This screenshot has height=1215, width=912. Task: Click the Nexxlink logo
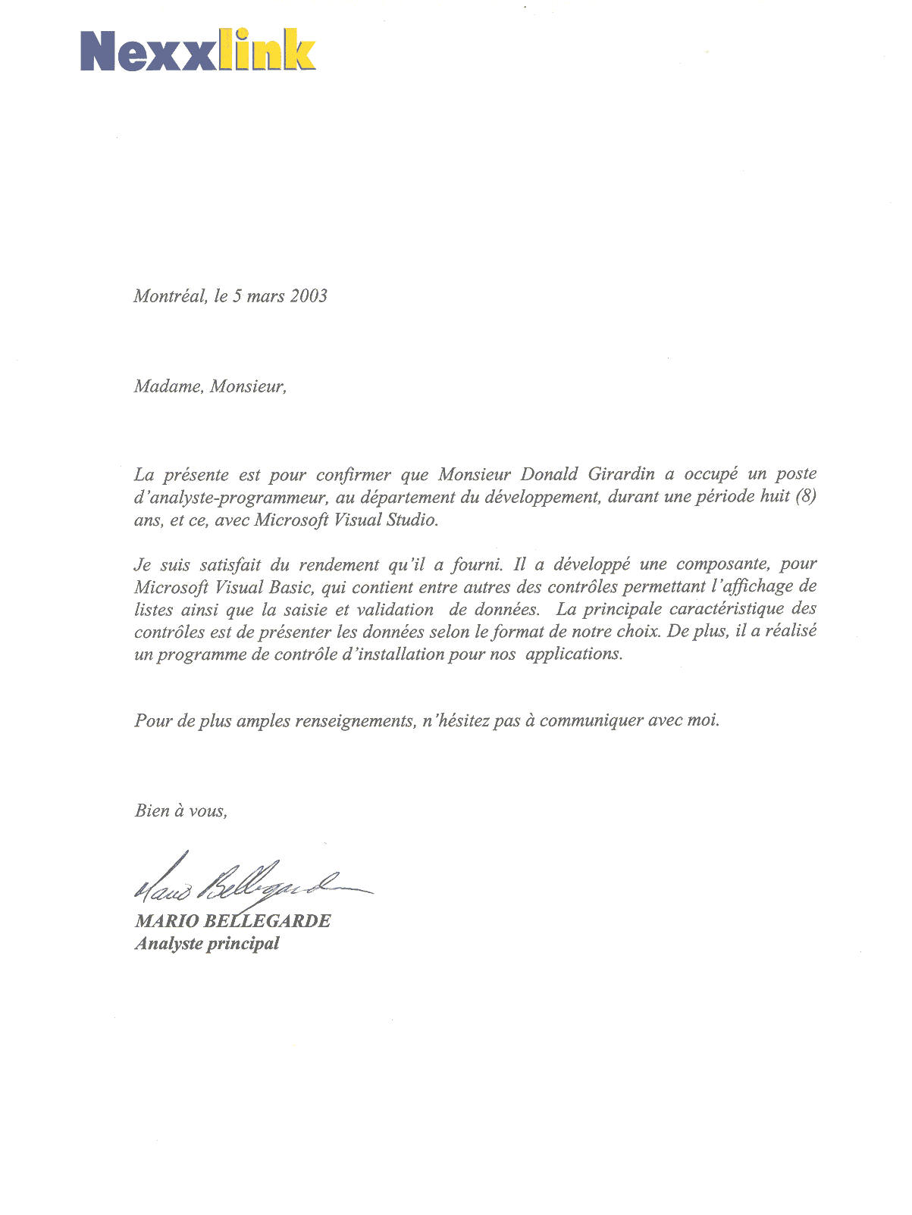[x=198, y=51]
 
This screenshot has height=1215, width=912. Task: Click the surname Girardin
[x=621, y=475]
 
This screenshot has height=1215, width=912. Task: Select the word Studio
[x=413, y=520]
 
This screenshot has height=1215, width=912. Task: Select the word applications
[x=574, y=654]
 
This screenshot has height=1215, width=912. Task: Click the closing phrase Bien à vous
[x=180, y=811]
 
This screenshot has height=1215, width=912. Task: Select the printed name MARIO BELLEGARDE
[x=233, y=921]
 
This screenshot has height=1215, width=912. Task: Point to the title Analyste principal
[x=207, y=944]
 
